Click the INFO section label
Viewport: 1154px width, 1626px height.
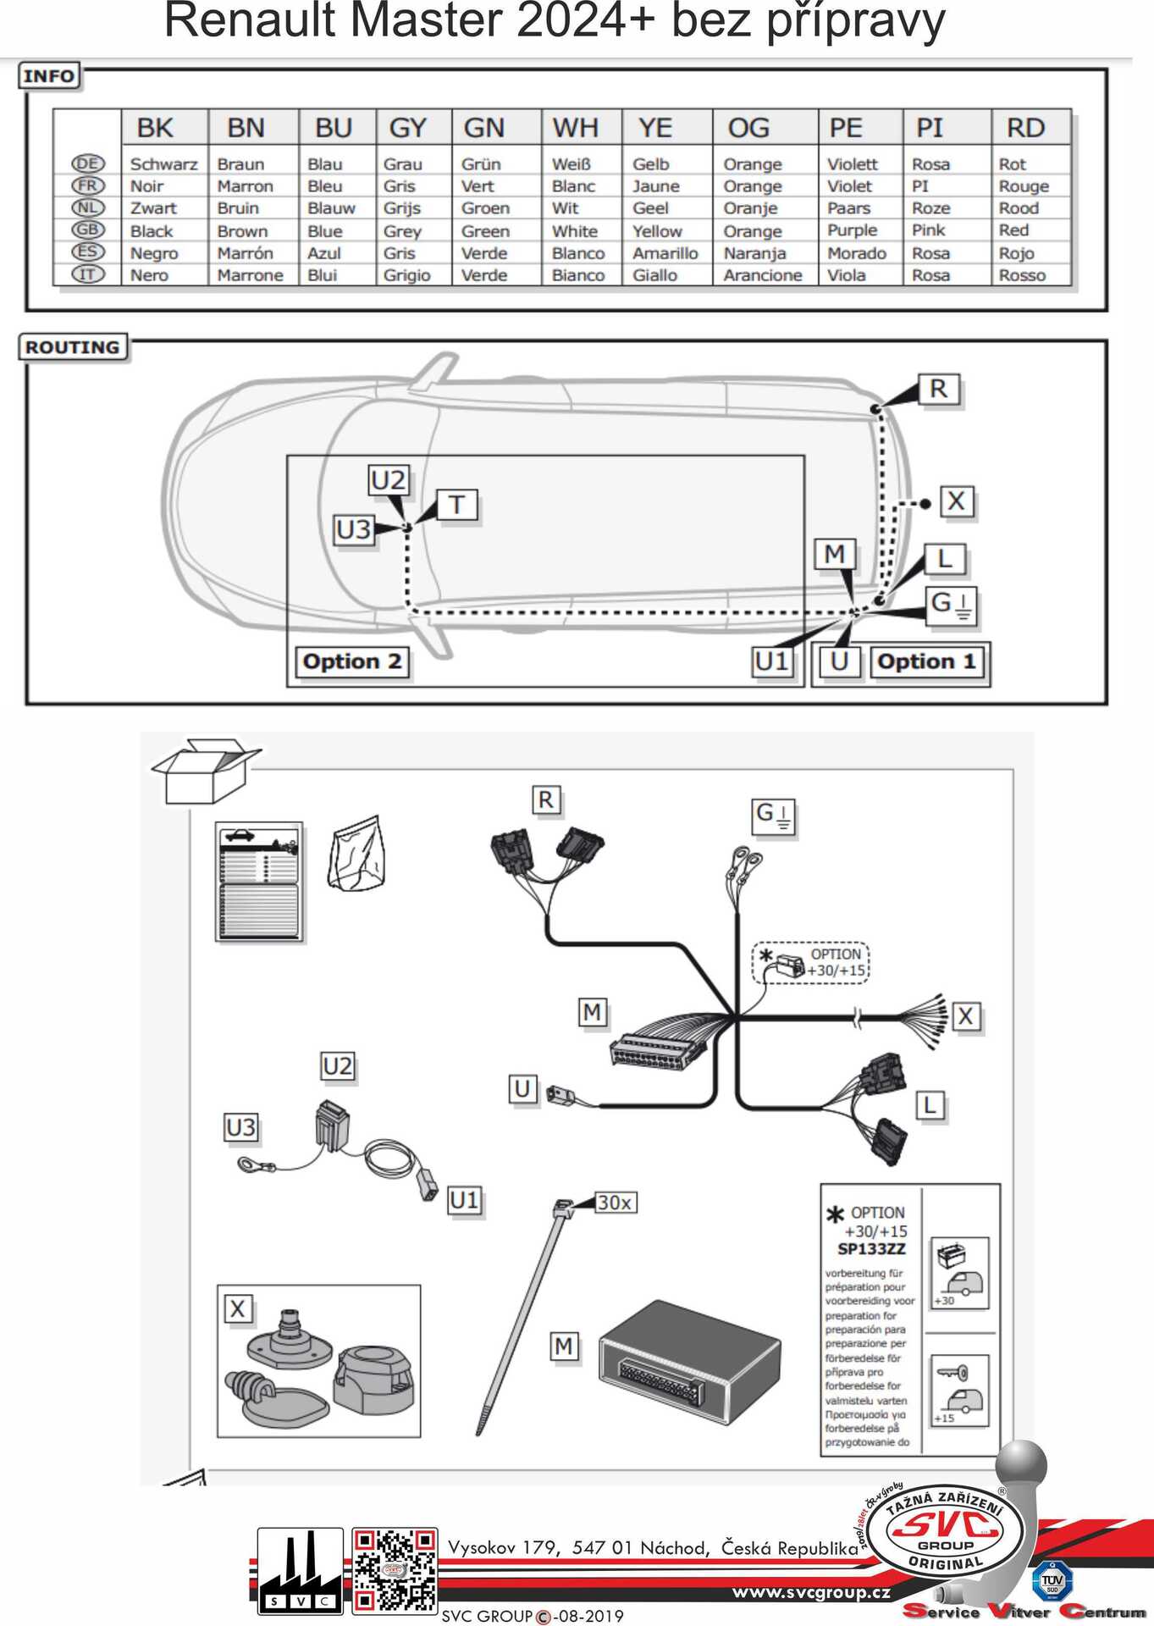coord(49,76)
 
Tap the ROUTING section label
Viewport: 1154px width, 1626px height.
coord(73,347)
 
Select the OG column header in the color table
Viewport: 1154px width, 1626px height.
coord(748,128)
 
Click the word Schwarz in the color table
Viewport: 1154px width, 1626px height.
coord(163,164)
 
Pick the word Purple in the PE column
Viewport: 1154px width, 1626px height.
coord(852,230)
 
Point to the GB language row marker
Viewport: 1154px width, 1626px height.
coord(87,230)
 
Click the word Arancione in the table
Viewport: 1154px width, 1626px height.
coord(762,275)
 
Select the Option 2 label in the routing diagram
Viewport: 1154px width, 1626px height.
coord(352,661)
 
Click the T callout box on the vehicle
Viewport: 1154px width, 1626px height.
coord(457,505)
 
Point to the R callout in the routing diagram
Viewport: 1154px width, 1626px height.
coord(938,389)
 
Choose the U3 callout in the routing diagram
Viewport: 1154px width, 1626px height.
coord(353,530)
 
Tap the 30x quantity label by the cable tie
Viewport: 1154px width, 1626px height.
coord(615,1203)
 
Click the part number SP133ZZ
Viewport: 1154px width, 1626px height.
coord(871,1249)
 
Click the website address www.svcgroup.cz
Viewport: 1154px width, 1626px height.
coord(810,1592)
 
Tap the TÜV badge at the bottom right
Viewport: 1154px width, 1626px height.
coord(1052,1580)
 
